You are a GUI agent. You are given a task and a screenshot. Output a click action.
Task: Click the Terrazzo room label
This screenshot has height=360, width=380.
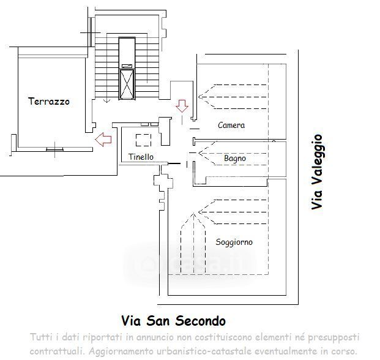[x=49, y=102]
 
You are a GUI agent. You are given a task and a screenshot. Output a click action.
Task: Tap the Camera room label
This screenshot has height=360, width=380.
[x=231, y=126]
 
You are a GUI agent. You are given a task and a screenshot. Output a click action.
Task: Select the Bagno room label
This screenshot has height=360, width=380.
[x=235, y=159]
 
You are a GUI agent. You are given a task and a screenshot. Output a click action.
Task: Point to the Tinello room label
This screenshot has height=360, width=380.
[x=141, y=157]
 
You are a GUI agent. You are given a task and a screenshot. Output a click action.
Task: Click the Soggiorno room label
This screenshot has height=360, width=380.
[x=234, y=242]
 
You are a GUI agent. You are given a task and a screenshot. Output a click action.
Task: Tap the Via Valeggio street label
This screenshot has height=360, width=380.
[x=316, y=172]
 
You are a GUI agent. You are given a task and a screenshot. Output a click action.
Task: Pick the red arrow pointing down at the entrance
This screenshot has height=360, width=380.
[x=182, y=106]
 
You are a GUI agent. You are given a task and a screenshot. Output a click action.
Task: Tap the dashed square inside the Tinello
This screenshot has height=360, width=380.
[x=143, y=139]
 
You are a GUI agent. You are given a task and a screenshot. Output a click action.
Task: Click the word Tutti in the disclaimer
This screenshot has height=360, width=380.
[x=42, y=338]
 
